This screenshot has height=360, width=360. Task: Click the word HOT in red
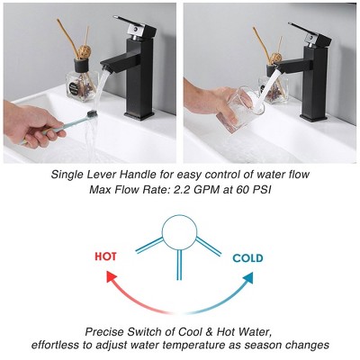105,256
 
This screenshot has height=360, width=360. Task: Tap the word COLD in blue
247,258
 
